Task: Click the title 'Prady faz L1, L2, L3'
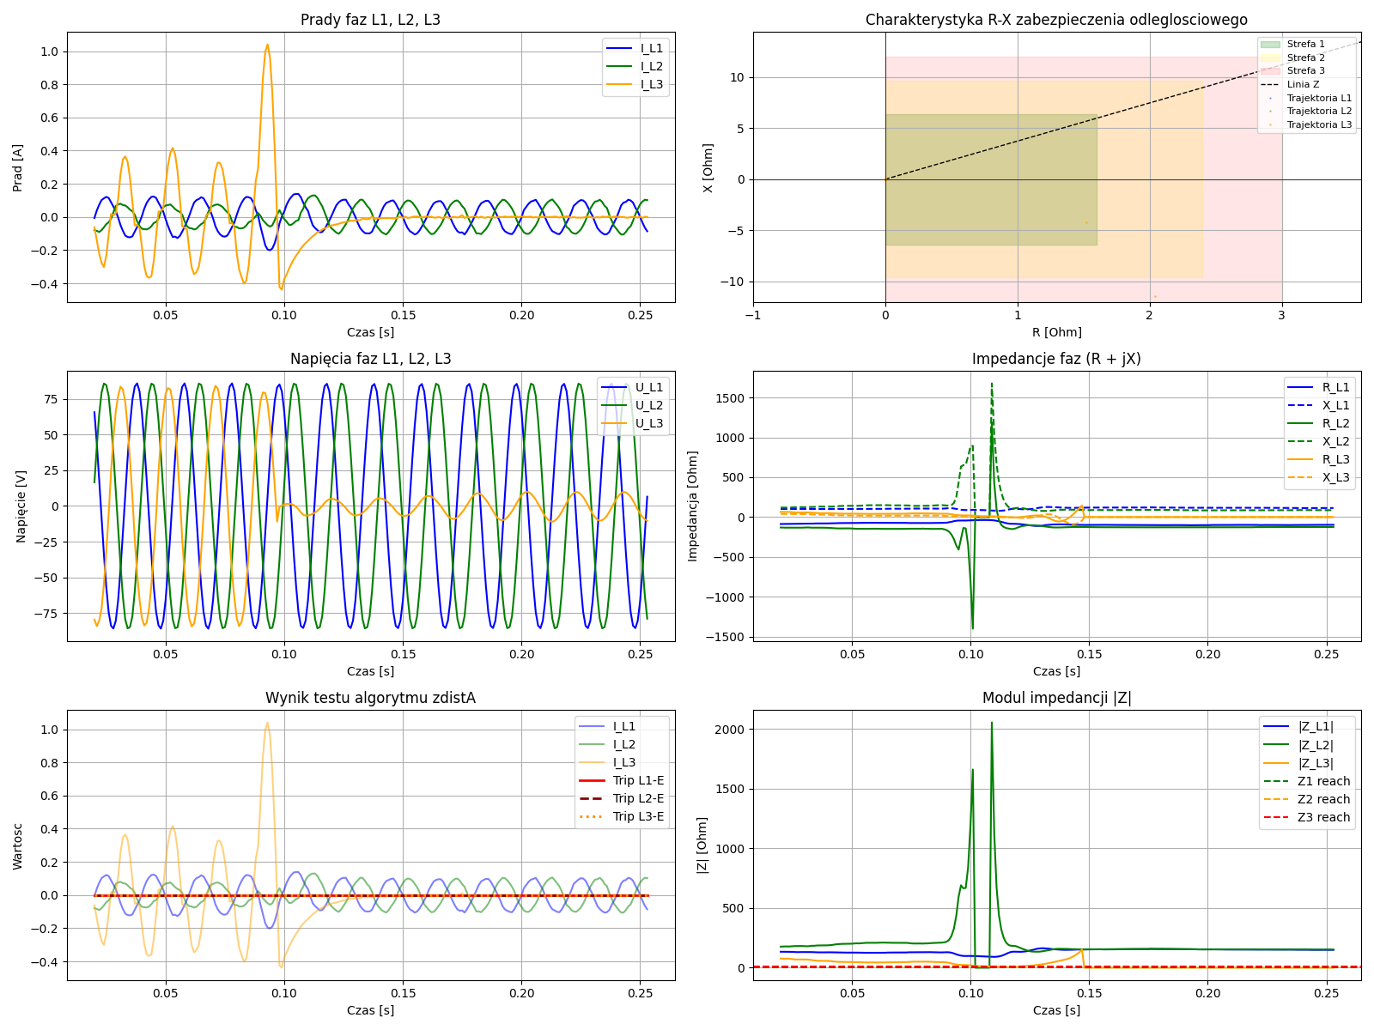370,20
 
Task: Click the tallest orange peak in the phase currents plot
267,45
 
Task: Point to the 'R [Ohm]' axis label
1056,332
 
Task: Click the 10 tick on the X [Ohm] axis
736,78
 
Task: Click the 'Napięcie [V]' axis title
21,506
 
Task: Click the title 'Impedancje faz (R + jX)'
1056,359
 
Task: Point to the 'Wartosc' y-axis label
18,845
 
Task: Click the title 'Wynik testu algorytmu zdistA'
370,698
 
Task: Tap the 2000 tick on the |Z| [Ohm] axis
731,730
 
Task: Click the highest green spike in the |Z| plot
992,723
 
